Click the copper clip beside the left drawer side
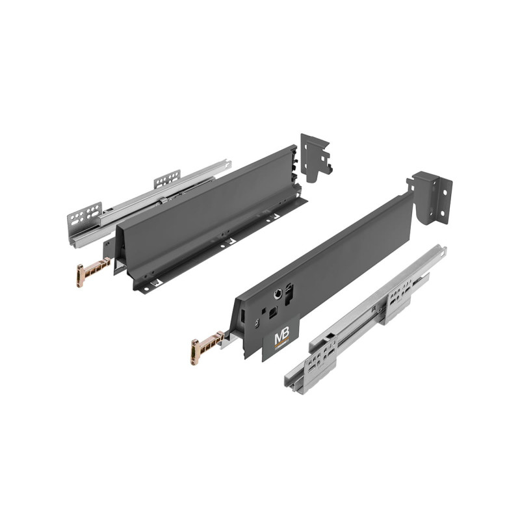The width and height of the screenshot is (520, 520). pyautogui.click(x=93, y=272)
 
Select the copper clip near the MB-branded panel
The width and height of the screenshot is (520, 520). pyautogui.click(x=207, y=347)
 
